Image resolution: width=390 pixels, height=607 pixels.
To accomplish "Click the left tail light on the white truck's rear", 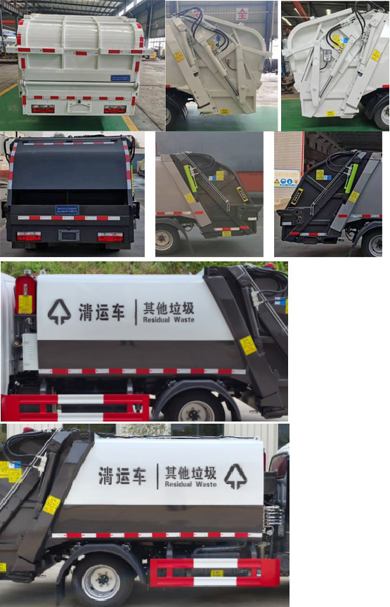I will pos(42,109).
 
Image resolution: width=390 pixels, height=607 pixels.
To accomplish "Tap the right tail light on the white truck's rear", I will pos(115,109).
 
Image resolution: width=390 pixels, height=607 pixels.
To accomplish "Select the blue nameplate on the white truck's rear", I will pos(120,78).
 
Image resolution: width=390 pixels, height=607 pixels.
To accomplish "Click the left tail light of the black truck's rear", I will pos(29,237).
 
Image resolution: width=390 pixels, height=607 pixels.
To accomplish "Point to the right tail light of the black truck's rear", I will pos(110,237).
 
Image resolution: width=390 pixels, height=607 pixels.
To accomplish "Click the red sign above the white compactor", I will pos(242,13).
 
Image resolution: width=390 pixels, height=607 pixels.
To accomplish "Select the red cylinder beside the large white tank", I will pos(25,294).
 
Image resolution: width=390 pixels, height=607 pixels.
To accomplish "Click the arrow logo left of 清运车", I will pos(59,311).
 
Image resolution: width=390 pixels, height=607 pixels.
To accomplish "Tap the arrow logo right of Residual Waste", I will pos(235,476).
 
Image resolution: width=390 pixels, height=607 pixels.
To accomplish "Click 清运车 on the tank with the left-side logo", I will pos(102,313).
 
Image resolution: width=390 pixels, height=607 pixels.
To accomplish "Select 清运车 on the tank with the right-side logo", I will pos(123,476).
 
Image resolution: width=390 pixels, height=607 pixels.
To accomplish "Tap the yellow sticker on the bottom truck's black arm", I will pos(51,504).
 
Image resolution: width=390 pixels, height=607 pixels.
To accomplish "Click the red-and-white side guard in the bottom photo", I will pos(214,571).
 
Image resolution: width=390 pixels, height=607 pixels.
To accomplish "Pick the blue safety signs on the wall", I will pos(287,181).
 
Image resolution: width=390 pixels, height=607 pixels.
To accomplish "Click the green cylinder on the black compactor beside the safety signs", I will pos(351,178).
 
